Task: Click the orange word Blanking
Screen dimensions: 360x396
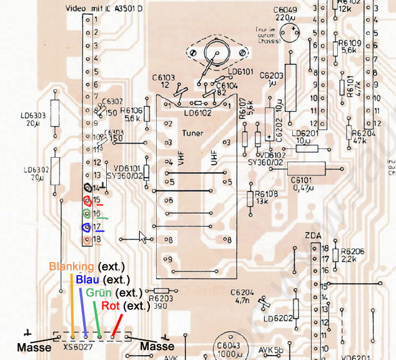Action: pos(72,266)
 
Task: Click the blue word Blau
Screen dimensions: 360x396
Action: pos(87,280)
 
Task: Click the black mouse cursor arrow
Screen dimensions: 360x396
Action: pos(143,238)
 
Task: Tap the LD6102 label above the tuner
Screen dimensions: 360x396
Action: pos(199,112)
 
